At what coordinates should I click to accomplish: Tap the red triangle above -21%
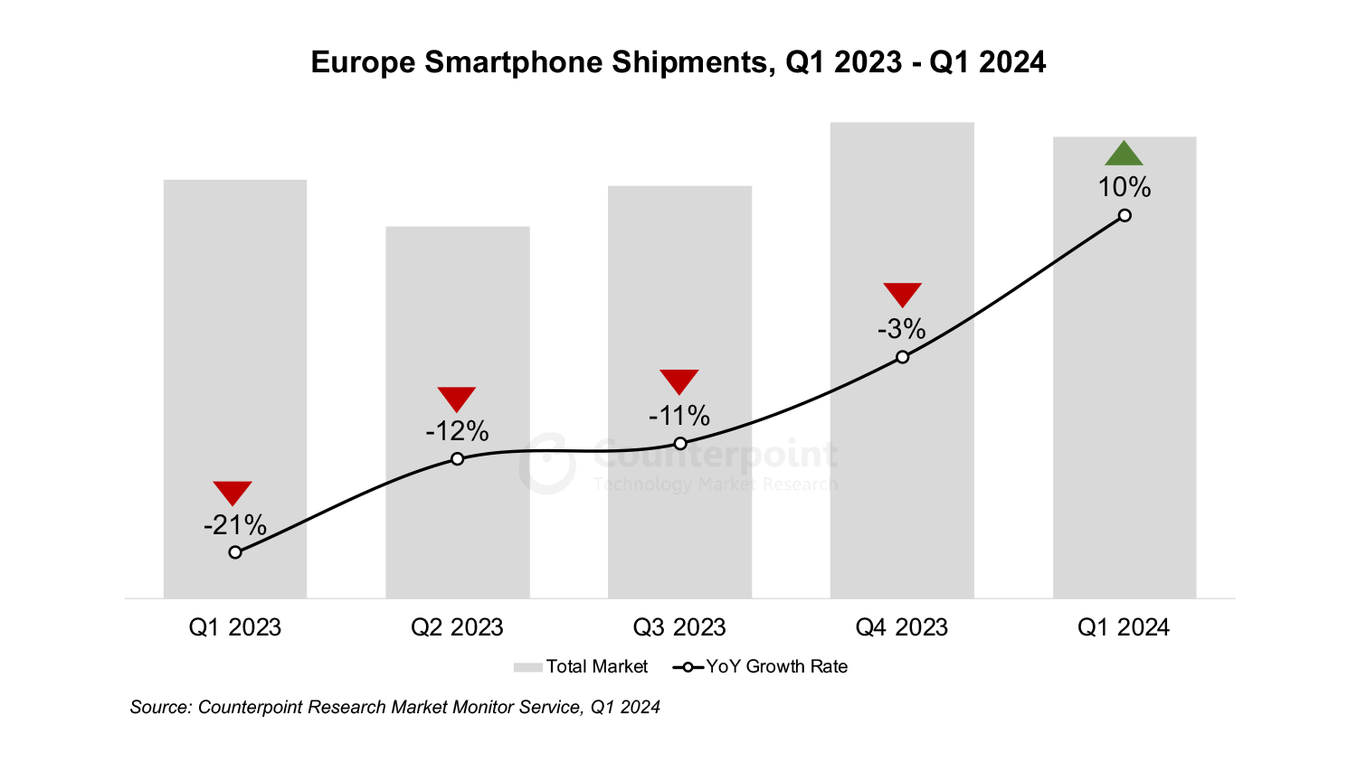pos(232,492)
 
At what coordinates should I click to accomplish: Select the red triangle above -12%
pos(456,398)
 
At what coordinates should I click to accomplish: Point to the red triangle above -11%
pos(678,380)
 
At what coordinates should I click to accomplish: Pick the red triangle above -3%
pos(902,293)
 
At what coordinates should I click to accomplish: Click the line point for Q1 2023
pos(235,552)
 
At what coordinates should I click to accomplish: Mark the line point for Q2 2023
pos(457,459)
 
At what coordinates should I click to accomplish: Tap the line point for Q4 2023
pos(902,357)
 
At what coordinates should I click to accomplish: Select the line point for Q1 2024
pos(1125,215)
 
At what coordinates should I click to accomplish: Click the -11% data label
pos(678,416)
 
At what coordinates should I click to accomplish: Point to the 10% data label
pos(1124,187)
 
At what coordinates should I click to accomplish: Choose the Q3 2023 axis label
pos(678,627)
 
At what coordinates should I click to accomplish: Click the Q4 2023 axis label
pos(901,627)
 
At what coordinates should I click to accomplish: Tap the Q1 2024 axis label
pos(1123,627)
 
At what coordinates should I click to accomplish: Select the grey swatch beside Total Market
pos(527,667)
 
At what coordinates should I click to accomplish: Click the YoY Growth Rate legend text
pos(776,667)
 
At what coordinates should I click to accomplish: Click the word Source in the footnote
pos(159,707)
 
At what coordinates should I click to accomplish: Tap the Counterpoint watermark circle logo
pos(547,464)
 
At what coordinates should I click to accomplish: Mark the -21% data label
pos(235,525)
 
